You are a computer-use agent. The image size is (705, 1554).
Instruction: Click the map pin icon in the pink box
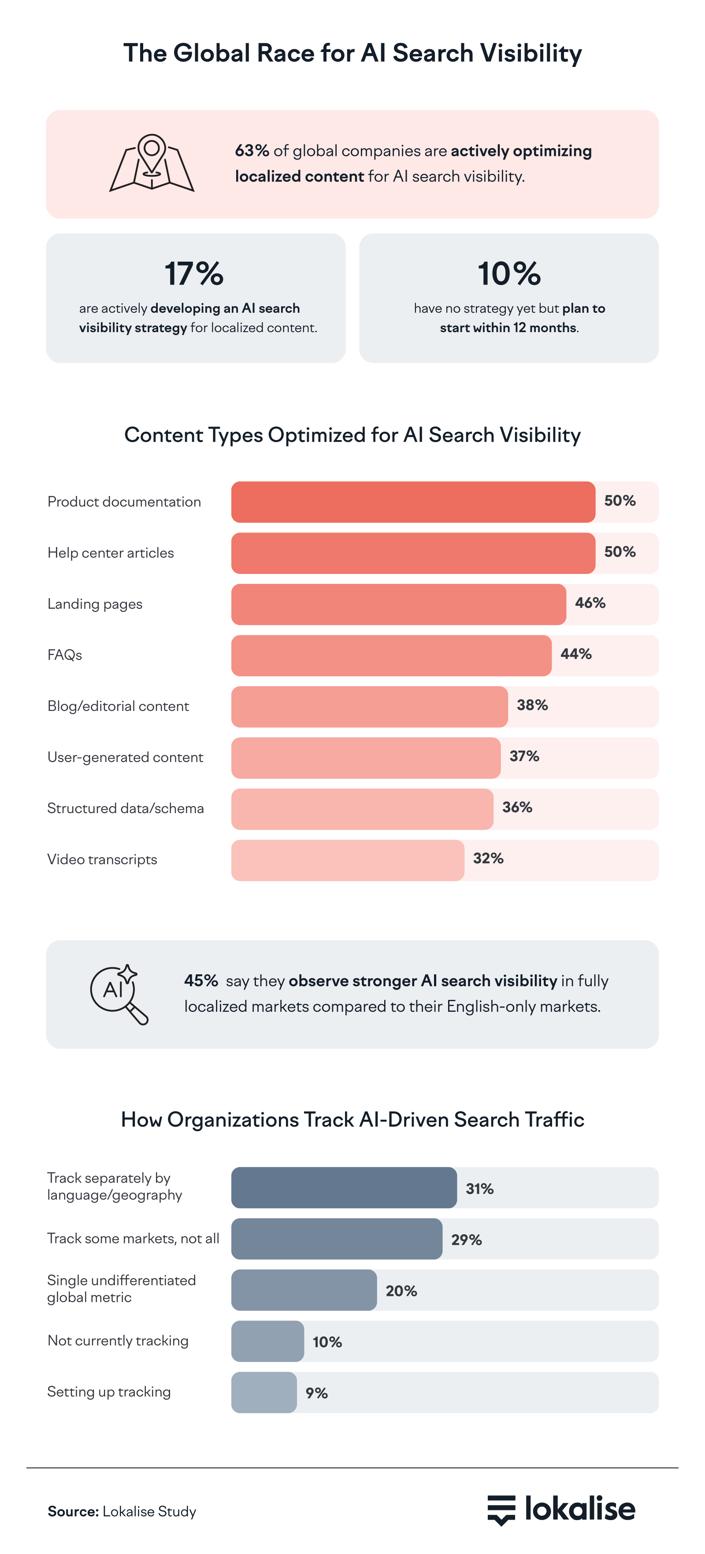coord(152,163)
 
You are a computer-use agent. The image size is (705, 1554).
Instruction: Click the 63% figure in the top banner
coord(252,151)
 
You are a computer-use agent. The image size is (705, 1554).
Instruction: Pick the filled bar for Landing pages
coord(398,604)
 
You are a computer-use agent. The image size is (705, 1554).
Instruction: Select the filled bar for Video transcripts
coord(347,860)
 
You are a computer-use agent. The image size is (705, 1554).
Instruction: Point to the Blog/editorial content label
coord(118,706)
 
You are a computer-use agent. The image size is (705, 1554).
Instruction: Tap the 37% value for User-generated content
coord(524,756)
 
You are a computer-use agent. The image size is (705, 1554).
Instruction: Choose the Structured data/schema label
coord(126,808)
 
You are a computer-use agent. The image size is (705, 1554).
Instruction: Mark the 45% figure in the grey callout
coord(201,980)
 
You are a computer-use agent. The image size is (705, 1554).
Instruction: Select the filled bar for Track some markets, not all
coord(336,1239)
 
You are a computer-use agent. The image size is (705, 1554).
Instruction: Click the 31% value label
coord(479,1188)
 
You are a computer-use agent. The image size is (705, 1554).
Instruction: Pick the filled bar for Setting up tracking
coord(264,1392)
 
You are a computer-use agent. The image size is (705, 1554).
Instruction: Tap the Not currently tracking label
coord(118,1340)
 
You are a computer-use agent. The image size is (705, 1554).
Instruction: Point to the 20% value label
coord(401,1291)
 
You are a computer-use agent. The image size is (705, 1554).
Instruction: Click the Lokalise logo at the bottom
coord(561,1510)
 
